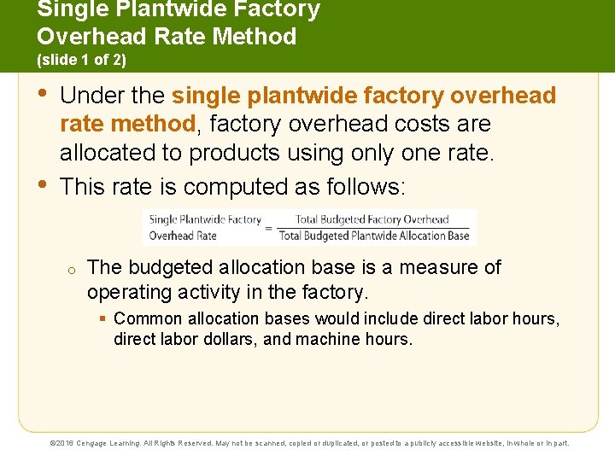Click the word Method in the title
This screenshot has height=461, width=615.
pos(255,36)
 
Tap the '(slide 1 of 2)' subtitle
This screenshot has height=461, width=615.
pos(81,61)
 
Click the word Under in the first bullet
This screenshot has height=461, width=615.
pos(89,96)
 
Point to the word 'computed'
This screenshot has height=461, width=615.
pos(230,187)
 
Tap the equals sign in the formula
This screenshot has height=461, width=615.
pos(269,228)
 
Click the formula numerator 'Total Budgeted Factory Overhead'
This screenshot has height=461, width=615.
pos(372,219)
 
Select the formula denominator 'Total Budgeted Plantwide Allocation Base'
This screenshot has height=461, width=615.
pos(374,236)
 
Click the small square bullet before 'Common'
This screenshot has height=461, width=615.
pos(102,318)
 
